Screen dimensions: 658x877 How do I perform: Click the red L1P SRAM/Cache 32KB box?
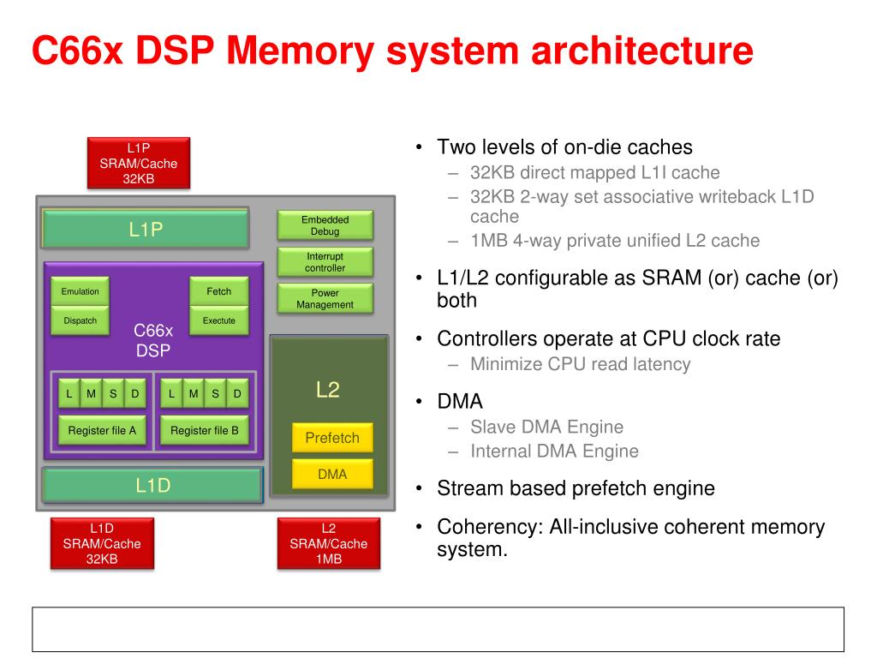pyautogui.click(x=138, y=163)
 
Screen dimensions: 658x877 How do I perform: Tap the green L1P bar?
pyautogui.click(x=146, y=229)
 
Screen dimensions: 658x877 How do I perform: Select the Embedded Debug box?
pyautogui.click(x=325, y=225)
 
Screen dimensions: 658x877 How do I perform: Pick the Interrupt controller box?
pyautogui.click(x=325, y=262)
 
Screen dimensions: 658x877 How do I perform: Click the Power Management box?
pyautogui.click(x=325, y=298)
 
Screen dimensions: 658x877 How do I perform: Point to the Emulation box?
pyautogui.click(x=80, y=291)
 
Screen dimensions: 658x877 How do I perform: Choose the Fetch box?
pyautogui.click(x=218, y=291)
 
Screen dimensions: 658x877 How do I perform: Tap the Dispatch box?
pyautogui.click(x=80, y=321)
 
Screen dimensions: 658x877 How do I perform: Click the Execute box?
pyautogui.click(x=218, y=321)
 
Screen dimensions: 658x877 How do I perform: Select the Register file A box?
pyautogui.click(x=102, y=431)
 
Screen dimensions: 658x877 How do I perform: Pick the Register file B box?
pyautogui.click(x=205, y=431)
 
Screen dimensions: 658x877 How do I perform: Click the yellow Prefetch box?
pyautogui.click(x=332, y=438)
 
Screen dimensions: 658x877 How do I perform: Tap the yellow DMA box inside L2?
pyautogui.click(x=332, y=474)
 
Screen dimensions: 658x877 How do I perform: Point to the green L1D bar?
pyautogui.click(x=152, y=486)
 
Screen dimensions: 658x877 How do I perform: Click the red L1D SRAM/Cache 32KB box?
pyautogui.click(x=102, y=544)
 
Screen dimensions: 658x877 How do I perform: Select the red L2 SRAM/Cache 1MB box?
pyautogui.click(x=328, y=544)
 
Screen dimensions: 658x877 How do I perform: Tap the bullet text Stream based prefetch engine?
pyautogui.click(x=576, y=489)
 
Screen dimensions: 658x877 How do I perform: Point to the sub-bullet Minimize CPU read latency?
pyautogui.click(x=580, y=364)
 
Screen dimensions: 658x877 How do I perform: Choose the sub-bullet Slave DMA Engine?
pyautogui.click(x=546, y=427)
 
